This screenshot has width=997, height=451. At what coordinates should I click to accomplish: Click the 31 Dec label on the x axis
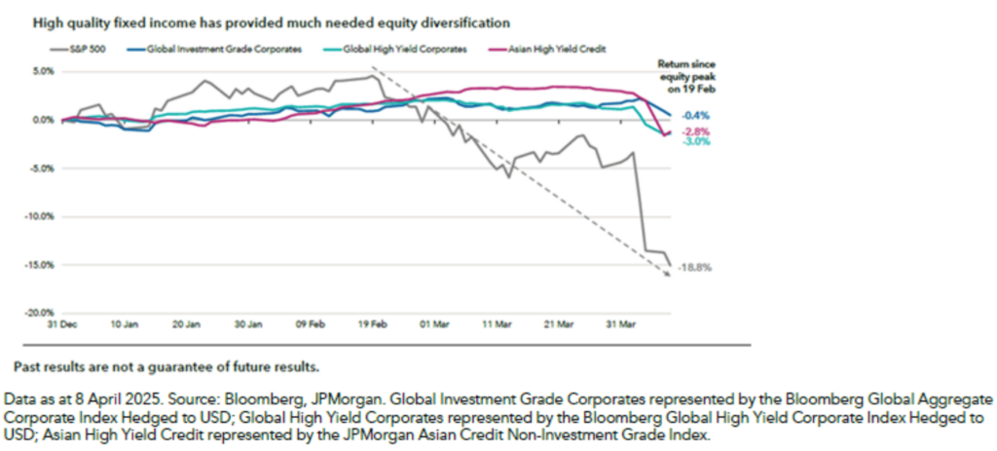tap(62, 323)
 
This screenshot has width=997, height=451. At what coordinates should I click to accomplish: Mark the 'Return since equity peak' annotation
tap(687, 73)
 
